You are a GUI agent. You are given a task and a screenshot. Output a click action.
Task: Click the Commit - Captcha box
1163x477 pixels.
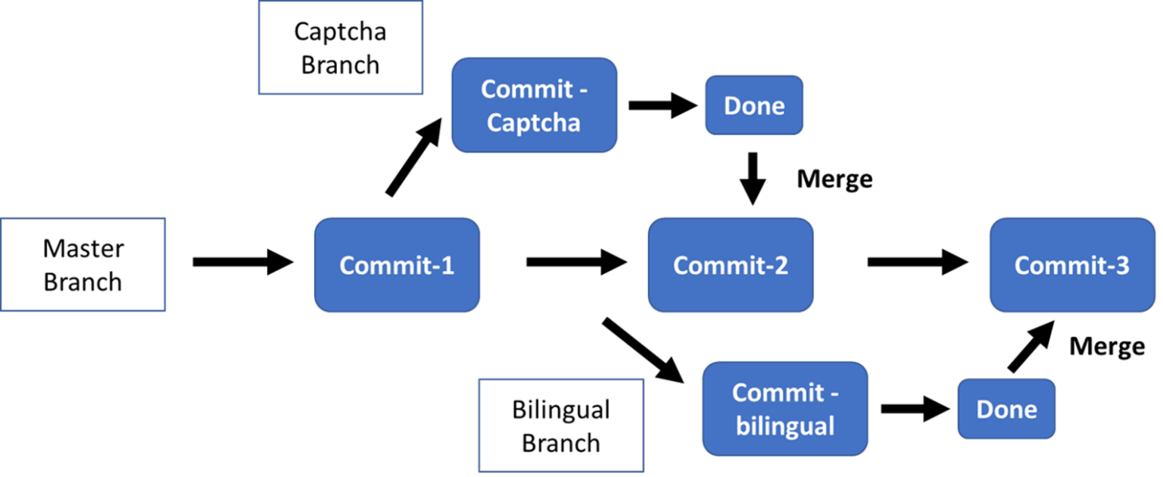pos(534,105)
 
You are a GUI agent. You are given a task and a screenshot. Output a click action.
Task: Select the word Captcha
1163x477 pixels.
pos(533,123)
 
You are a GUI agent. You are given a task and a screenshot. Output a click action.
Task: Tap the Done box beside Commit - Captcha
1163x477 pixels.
pos(754,105)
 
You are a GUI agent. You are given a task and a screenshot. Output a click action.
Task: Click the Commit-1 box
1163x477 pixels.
pos(397,265)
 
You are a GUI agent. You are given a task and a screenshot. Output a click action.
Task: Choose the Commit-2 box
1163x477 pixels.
pos(730,265)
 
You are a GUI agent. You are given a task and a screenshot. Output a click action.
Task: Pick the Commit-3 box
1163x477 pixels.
pos(1071,265)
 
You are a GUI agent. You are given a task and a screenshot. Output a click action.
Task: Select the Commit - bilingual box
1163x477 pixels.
pos(785,409)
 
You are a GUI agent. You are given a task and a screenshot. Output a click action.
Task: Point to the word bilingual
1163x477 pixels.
pos(785,426)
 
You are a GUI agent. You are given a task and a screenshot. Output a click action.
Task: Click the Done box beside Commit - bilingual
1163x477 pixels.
pos(1006,409)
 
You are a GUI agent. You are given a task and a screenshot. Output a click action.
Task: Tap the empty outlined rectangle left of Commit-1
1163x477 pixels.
pos(83,264)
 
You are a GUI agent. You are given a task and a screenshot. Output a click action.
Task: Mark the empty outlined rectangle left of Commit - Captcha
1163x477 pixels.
pos(341,48)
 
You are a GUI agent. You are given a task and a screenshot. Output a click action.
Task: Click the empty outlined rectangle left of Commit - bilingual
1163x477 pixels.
pos(561,426)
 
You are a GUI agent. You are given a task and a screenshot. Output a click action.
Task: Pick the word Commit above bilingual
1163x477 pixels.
pos(777,393)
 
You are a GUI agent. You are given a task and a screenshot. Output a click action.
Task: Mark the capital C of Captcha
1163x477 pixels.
pos(494,123)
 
